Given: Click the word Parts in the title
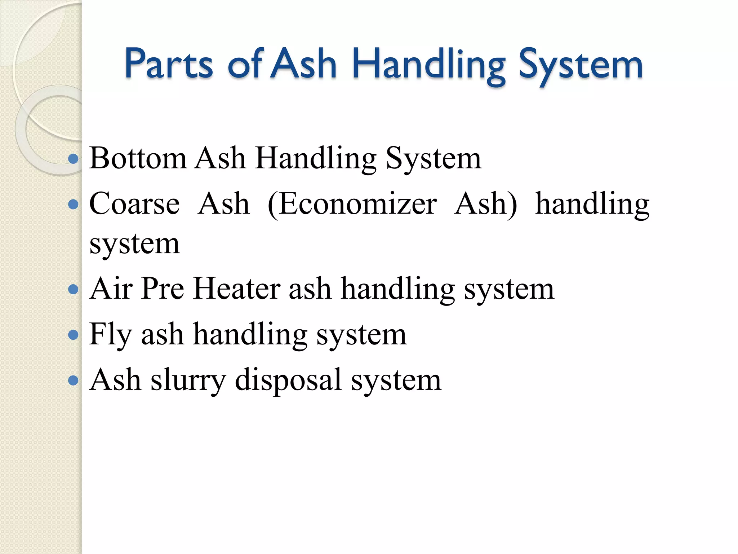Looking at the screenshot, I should (x=169, y=64).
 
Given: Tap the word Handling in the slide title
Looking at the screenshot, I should (x=429, y=65).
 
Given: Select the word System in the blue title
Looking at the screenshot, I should (x=581, y=65).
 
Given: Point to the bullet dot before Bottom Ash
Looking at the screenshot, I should (x=73, y=159).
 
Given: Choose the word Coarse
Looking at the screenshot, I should (x=134, y=203).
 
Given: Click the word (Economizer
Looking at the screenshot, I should (x=352, y=204).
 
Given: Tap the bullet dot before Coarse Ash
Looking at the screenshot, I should (x=73, y=205).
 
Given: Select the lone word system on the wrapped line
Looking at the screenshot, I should (x=134, y=244).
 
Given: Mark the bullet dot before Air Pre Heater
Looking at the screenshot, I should (x=73, y=289).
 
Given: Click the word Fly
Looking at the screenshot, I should (x=110, y=334).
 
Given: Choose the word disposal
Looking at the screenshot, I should (x=288, y=380).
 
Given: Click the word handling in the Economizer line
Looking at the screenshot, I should (x=592, y=204).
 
